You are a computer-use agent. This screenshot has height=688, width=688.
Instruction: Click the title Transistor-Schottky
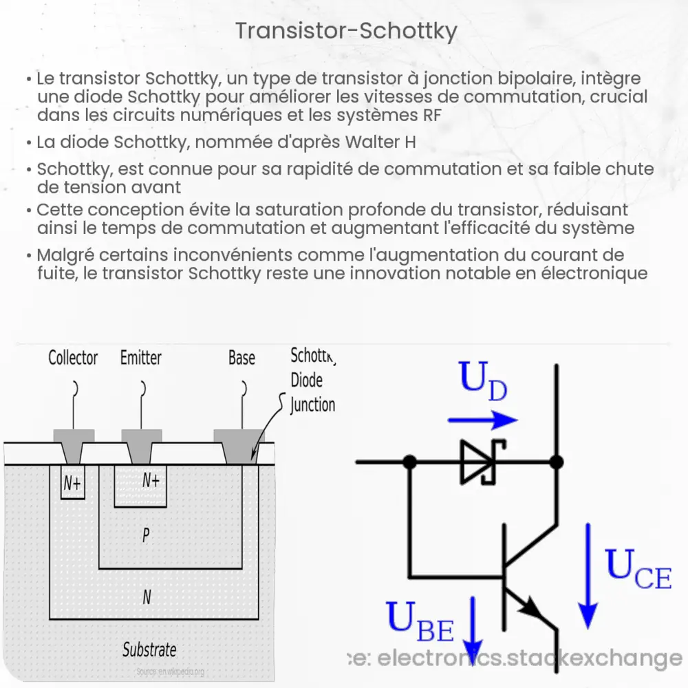point(345,31)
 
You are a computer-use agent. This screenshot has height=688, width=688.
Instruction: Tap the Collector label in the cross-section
point(73,358)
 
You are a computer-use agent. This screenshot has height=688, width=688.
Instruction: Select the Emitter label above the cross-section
point(141,358)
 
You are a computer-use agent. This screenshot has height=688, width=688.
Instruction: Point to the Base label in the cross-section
point(241,358)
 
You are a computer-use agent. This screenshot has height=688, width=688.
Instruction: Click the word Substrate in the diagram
point(149,649)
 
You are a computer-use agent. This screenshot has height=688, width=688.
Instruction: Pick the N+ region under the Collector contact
point(72,484)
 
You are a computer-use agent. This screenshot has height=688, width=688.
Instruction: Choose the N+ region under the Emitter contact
point(151,480)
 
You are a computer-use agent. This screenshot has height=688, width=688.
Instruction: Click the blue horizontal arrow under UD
point(482,420)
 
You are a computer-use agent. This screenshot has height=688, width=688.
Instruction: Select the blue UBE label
point(420,619)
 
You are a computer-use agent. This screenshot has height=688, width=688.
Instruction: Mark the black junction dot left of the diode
point(409,462)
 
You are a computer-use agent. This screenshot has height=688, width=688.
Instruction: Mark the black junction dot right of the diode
point(557,462)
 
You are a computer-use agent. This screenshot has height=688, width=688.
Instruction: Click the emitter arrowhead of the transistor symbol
point(532,608)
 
